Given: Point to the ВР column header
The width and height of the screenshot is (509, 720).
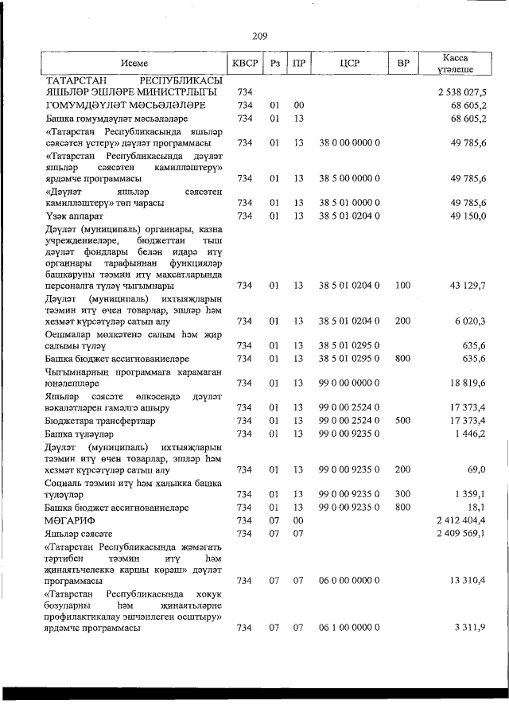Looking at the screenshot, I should coord(403,64).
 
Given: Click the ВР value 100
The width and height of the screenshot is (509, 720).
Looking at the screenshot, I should coord(403,285).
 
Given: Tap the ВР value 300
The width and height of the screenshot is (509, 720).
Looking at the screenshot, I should coord(403,494).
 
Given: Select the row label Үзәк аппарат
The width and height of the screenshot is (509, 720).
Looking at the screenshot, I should coord(76,216).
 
